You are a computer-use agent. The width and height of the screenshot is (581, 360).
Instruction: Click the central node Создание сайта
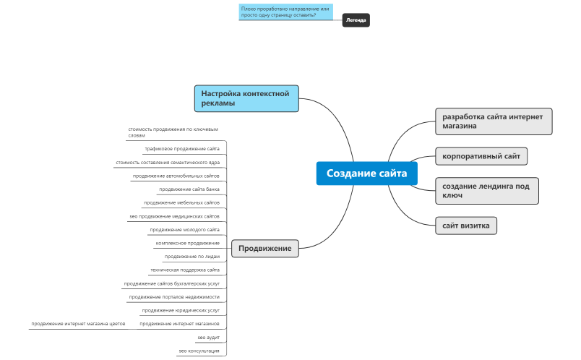point(367,173)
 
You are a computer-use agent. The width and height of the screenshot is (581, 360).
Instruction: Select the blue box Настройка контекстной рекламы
point(246,98)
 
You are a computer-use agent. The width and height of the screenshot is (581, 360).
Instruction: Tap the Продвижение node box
point(265,249)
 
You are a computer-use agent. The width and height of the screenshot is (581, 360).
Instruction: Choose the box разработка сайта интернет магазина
point(494,121)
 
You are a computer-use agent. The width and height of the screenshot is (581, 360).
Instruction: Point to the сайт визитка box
point(466,226)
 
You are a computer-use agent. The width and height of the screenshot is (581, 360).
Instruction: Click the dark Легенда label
point(356,20)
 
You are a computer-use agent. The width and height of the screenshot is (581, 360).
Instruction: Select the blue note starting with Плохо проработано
point(285,12)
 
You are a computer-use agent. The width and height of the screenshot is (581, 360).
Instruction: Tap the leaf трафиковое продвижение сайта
point(182,149)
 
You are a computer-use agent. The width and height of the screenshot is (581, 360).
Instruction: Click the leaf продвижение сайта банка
point(189,189)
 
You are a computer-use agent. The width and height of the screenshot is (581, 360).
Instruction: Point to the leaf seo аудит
point(208,338)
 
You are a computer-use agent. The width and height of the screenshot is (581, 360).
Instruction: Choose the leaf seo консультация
point(199,351)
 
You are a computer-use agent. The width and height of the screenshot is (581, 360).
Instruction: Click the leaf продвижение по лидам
point(191,257)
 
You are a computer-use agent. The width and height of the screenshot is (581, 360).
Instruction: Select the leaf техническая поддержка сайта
point(185,270)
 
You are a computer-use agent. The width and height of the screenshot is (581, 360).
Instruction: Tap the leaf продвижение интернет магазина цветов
point(78,324)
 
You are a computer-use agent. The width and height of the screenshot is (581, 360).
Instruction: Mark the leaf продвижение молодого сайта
point(185,230)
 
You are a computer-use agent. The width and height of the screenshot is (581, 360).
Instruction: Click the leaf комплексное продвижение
point(187,243)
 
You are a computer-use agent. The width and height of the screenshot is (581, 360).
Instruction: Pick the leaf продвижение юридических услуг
point(181,310)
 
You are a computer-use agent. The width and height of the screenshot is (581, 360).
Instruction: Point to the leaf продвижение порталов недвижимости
point(174,297)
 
